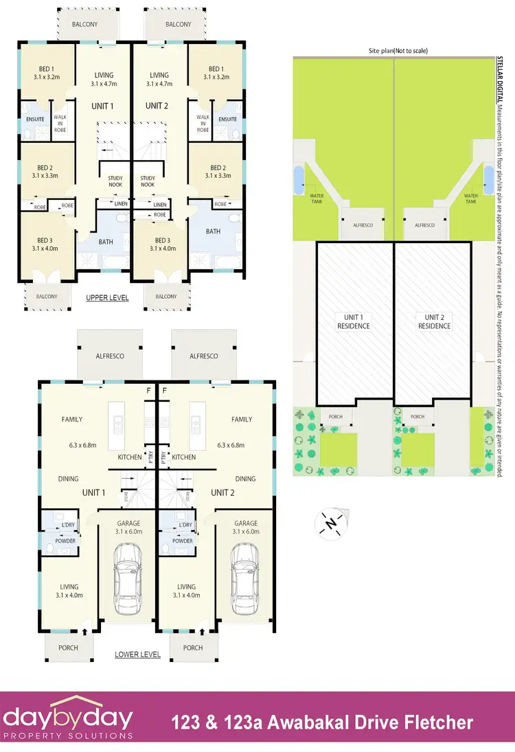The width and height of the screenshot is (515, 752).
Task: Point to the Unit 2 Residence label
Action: [434, 321]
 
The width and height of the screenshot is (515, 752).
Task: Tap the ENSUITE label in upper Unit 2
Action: [227, 119]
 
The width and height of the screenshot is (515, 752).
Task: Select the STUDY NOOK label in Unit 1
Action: [115, 181]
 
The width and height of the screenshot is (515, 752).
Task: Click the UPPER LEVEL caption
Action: [108, 298]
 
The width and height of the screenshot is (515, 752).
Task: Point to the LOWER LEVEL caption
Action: [137, 654]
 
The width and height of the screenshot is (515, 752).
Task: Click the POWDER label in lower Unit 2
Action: [183, 541]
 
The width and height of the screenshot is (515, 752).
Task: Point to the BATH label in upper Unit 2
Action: [213, 231]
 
